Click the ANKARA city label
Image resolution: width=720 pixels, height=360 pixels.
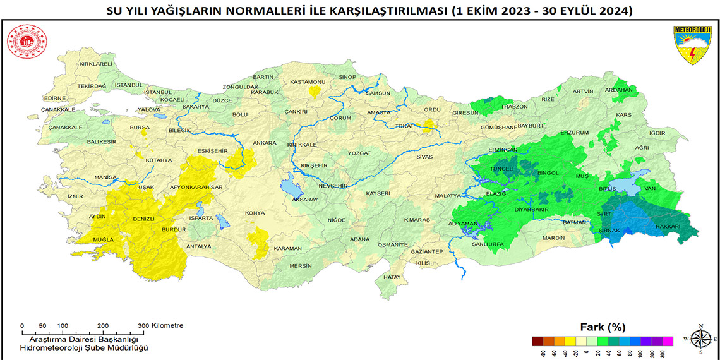click(264, 143)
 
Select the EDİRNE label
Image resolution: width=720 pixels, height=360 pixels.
click(55, 98)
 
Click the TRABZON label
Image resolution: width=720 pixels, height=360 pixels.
click(514, 107)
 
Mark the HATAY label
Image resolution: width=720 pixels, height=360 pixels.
click(392, 277)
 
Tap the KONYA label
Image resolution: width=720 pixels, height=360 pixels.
click(255, 213)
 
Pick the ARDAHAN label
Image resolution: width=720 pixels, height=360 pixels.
click(619, 90)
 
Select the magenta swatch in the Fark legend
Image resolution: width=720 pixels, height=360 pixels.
click(668, 341)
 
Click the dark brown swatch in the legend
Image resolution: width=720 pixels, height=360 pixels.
click(537, 341)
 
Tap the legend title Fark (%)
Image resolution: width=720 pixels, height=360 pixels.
click(602, 327)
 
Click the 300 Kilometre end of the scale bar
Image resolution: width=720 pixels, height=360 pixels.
click(144, 332)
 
